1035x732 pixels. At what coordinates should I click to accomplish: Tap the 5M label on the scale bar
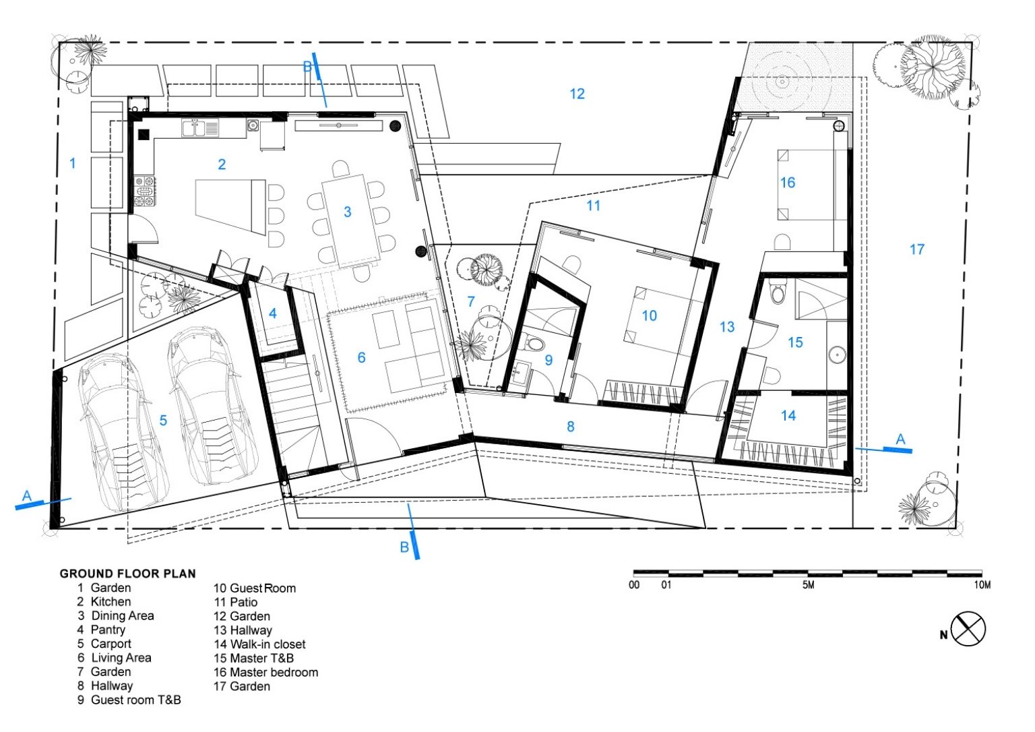tap(808, 584)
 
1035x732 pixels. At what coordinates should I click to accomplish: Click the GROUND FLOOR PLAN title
tap(128, 574)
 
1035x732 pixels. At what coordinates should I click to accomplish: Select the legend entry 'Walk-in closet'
tap(259, 644)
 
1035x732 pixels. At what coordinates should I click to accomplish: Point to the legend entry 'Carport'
tap(104, 644)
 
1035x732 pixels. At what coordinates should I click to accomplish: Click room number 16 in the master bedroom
tap(787, 183)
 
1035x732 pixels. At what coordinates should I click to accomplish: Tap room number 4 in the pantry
tap(273, 313)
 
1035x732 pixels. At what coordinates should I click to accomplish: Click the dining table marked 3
tap(352, 221)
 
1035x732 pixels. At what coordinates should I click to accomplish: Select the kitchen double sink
tap(199, 128)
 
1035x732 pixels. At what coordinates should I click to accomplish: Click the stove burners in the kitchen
tap(145, 190)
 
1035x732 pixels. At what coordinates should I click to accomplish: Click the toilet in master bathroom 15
tap(778, 293)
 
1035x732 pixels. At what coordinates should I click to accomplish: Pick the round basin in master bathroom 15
tap(837, 355)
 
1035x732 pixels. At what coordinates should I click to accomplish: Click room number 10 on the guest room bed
tap(649, 315)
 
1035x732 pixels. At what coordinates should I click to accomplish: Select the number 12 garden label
tap(577, 94)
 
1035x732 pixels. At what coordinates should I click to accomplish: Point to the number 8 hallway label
tap(571, 426)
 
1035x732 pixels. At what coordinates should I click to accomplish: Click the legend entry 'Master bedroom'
tap(265, 673)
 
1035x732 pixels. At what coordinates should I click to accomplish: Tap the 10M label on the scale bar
tap(982, 585)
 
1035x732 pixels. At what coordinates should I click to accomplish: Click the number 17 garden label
tap(916, 249)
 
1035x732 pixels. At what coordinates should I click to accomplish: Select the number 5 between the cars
tap(163, 420)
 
